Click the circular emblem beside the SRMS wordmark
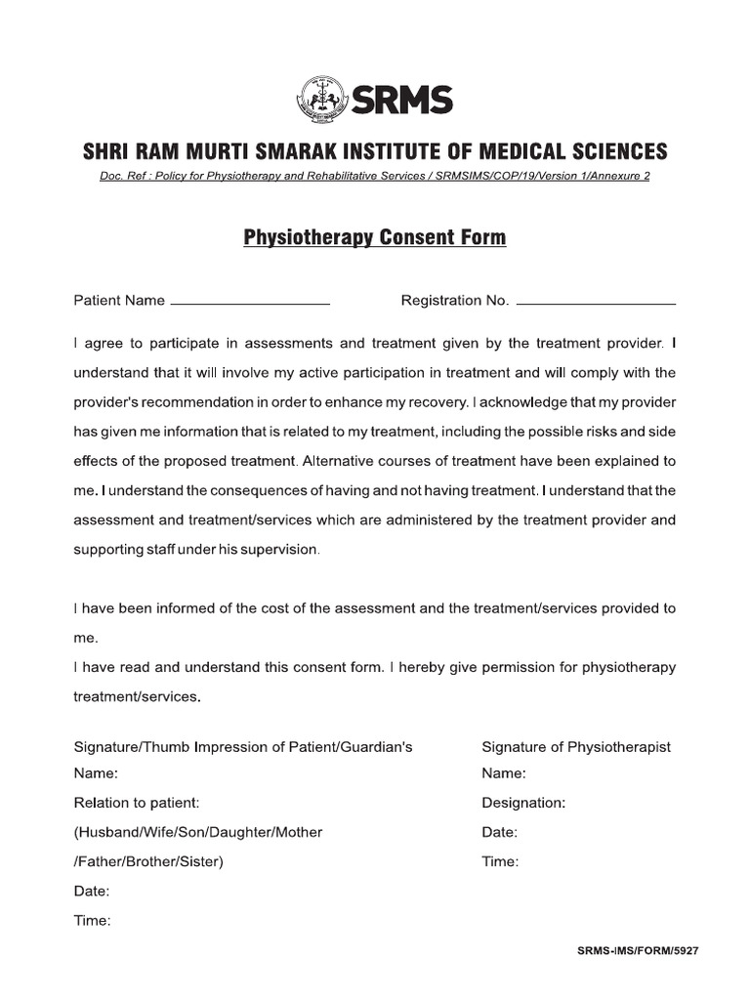tap(321, 98)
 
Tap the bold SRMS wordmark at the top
tap(401, 99)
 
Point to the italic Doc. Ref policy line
tap(374, 176)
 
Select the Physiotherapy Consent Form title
tap(374, 237)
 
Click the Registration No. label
tap(455, 301)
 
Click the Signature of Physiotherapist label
tap(576, 747)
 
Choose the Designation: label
tap(523, 804)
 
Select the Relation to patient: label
tap(137, 803)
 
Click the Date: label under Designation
tap(500, 833)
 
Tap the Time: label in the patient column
tap(93, 921)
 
